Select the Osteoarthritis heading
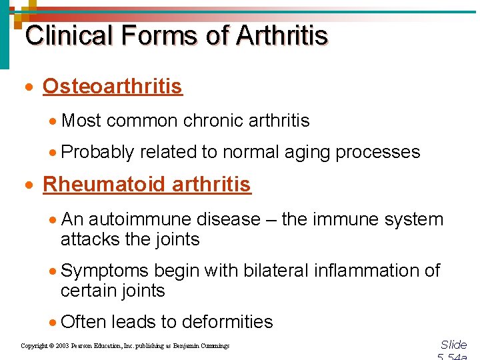112,87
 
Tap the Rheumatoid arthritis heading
147,185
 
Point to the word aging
307,153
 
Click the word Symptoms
104,271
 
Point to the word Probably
97,153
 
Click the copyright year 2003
61,346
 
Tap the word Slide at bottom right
454,345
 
